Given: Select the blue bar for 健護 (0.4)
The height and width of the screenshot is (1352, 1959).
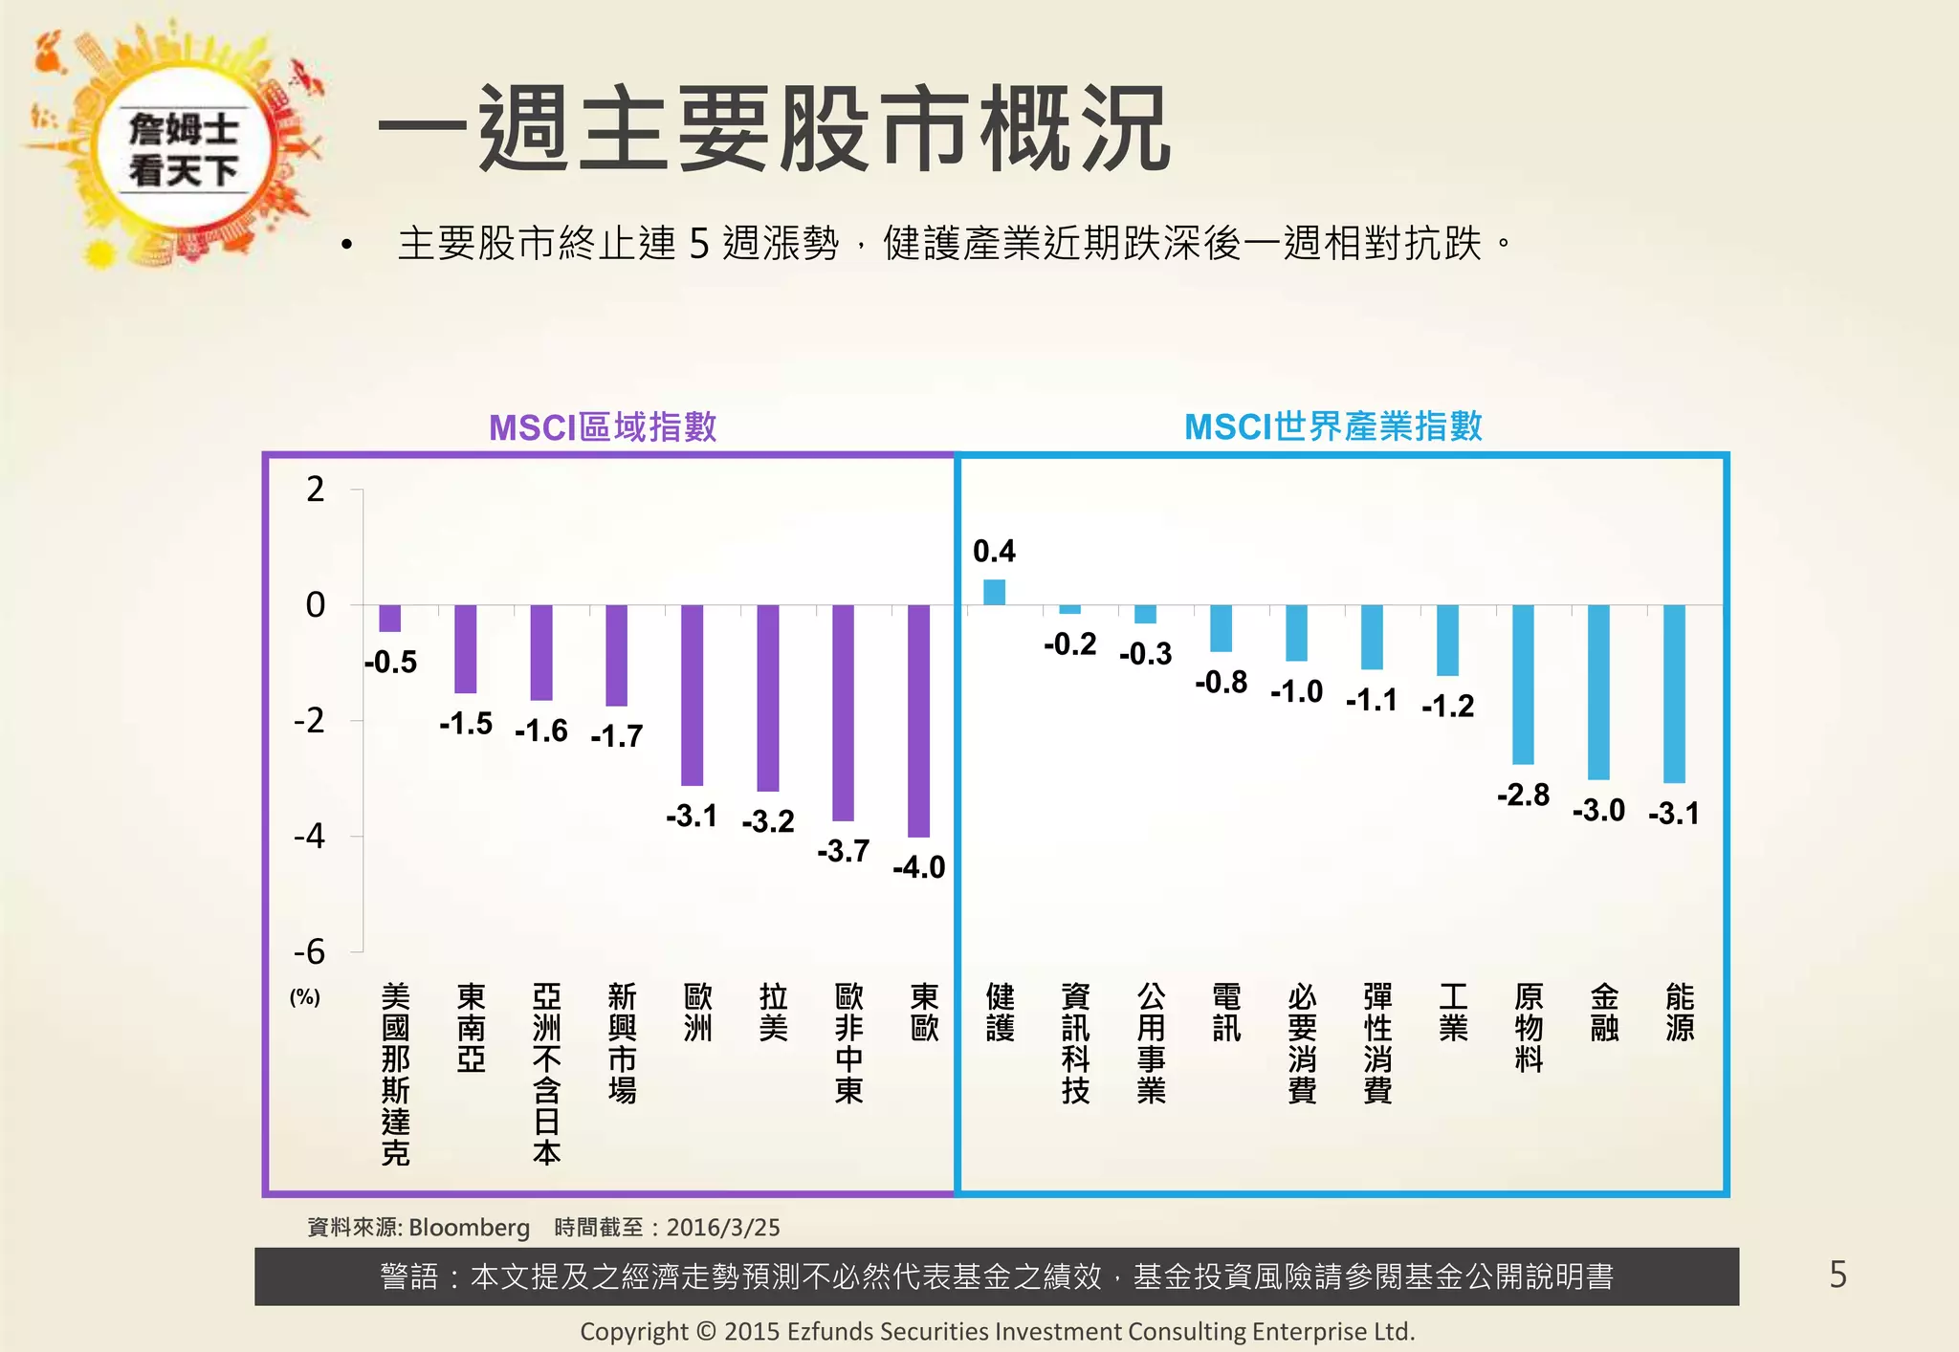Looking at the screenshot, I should pos(994,592).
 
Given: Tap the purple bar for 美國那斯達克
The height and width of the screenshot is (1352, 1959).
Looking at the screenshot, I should pos(389,618).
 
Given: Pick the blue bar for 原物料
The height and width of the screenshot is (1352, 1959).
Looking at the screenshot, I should pos(1523,684).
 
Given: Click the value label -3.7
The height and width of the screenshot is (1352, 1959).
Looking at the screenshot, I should pos(843,851).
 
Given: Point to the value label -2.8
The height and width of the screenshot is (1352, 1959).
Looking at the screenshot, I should pos(1523,795).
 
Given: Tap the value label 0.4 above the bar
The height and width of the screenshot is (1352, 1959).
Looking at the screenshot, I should pos(994,551).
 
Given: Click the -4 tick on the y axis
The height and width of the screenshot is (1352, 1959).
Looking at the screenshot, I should pos(310,837).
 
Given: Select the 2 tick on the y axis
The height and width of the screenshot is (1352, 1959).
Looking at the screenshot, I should pos(315,490).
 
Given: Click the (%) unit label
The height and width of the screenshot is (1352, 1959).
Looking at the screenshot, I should pos(304,997).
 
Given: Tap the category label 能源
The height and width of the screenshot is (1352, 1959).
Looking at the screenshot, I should pos(1679,1013).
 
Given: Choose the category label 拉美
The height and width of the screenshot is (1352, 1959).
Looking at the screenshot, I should pos(773,1013).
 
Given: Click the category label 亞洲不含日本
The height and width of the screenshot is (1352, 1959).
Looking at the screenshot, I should pos(546,1074).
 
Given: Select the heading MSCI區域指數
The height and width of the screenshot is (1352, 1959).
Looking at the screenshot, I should pos(603,426).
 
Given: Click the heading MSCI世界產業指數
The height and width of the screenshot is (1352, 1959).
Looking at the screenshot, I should pos(1332,426).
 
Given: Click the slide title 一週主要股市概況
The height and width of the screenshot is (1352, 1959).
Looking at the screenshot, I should pos(775,129).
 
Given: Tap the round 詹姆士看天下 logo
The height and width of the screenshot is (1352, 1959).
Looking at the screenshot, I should pos(184,148).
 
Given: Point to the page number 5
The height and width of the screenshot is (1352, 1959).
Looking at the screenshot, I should pos(1838,1275).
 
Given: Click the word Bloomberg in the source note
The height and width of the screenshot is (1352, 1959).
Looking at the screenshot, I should pos(469,1227).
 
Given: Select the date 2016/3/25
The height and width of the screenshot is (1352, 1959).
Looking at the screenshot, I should pos(723,1227).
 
